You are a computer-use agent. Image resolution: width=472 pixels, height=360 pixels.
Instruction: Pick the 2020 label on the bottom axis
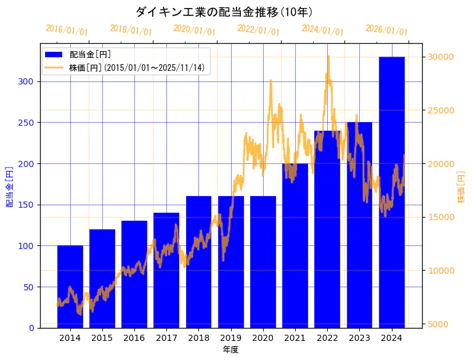(x=263, y=338)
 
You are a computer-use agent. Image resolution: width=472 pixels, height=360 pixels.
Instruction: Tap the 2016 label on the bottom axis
(x=134, y=338)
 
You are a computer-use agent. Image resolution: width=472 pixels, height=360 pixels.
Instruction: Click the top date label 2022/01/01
(x=258, y=30)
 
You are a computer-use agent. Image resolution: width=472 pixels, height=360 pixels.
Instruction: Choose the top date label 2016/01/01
(x=67, y=30)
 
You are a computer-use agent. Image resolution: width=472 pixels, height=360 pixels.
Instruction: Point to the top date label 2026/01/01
(x=386, y=30)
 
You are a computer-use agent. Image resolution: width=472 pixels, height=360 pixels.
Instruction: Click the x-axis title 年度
(x=231, y=350)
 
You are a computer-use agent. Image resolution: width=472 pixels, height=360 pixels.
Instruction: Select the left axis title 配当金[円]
(x=9, y=186)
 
